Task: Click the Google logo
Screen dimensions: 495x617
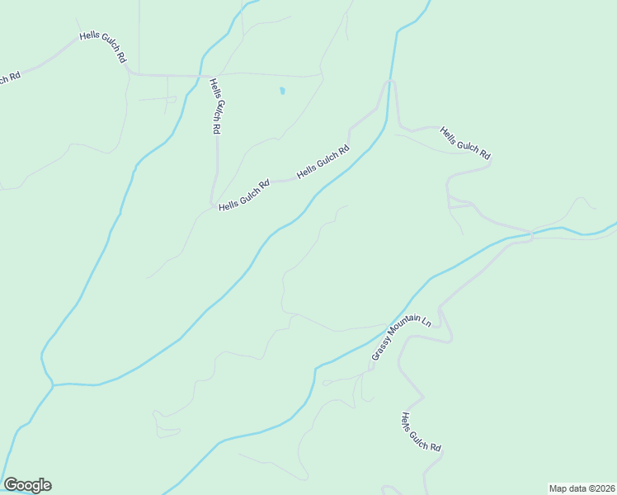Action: (27, 485)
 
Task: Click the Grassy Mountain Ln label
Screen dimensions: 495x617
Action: (402, 337)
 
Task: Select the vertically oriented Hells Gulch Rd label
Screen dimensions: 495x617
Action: (215, 106)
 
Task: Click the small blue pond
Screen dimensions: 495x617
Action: (282, 90)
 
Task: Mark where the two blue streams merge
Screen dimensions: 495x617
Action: (52, 384)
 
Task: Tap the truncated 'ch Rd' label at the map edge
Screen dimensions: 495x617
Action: (10, 78)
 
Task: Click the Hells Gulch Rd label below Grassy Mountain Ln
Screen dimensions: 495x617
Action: (421, 432)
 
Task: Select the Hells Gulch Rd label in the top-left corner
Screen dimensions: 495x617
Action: (104, 47)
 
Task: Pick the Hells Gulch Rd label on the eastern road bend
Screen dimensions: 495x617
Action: (465, 143)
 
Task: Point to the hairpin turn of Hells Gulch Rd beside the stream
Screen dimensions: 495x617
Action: (390, 82)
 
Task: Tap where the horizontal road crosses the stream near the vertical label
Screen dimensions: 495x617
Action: (201, 75)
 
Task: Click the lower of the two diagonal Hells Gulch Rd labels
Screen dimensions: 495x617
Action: (245, 196)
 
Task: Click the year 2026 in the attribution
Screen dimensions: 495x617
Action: (601, 488)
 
